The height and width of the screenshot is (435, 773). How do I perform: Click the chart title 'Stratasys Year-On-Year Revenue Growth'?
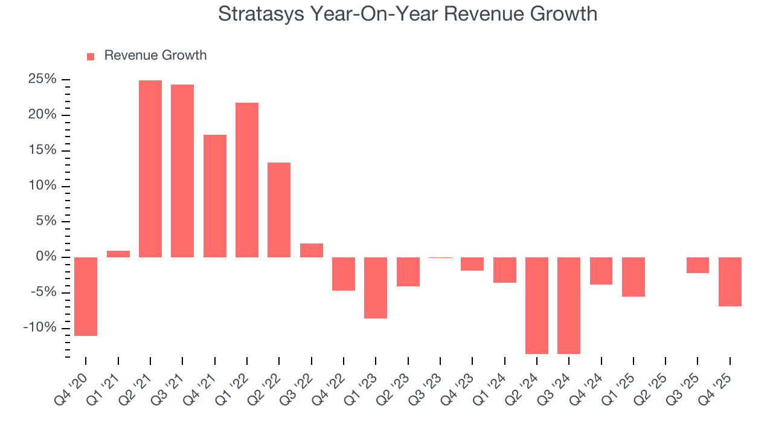(408, 14)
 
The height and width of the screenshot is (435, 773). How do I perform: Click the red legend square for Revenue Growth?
(91, 56)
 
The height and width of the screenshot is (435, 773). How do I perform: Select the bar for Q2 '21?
(150, 169)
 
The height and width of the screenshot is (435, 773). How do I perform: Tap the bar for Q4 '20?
(86, 296)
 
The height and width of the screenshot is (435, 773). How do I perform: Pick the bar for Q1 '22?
(247, 179)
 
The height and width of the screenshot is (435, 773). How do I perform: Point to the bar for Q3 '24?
(569, 305)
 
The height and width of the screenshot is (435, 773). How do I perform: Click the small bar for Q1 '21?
(118, 254)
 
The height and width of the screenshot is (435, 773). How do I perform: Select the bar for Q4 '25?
(730, 282)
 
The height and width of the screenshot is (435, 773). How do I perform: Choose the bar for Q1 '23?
(376, 288)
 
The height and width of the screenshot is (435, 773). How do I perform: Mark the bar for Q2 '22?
(279, 210)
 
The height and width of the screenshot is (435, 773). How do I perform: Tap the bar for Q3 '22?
(312, 250)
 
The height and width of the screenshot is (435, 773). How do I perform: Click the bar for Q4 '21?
(215, 196)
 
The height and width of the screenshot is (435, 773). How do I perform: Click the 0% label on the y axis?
(48, 257)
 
